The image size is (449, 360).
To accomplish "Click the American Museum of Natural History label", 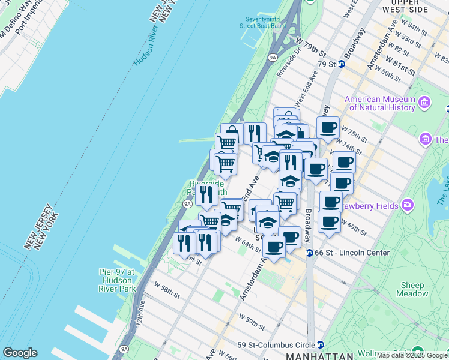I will click(379, 103).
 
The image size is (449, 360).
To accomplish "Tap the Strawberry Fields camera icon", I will click(408, 206).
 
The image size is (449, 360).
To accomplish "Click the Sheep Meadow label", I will click(412, 289).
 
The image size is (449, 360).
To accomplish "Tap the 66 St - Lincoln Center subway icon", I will click(310, 253).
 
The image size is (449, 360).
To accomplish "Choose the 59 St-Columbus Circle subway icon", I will click(321, 345).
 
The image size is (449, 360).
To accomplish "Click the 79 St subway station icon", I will click(341, 64).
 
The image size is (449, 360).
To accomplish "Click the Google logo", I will click(20, 353).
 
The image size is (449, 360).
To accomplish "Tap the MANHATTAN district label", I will click(317, 356).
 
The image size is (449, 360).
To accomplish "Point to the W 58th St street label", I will click(166, 292).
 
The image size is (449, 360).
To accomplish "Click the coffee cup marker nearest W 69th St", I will click(329, 224).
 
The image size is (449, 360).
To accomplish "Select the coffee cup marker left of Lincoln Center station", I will click(274, 247).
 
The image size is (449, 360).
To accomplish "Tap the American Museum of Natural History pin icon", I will click(425, 103).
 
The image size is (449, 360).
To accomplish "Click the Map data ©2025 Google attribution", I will click(412, 355).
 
